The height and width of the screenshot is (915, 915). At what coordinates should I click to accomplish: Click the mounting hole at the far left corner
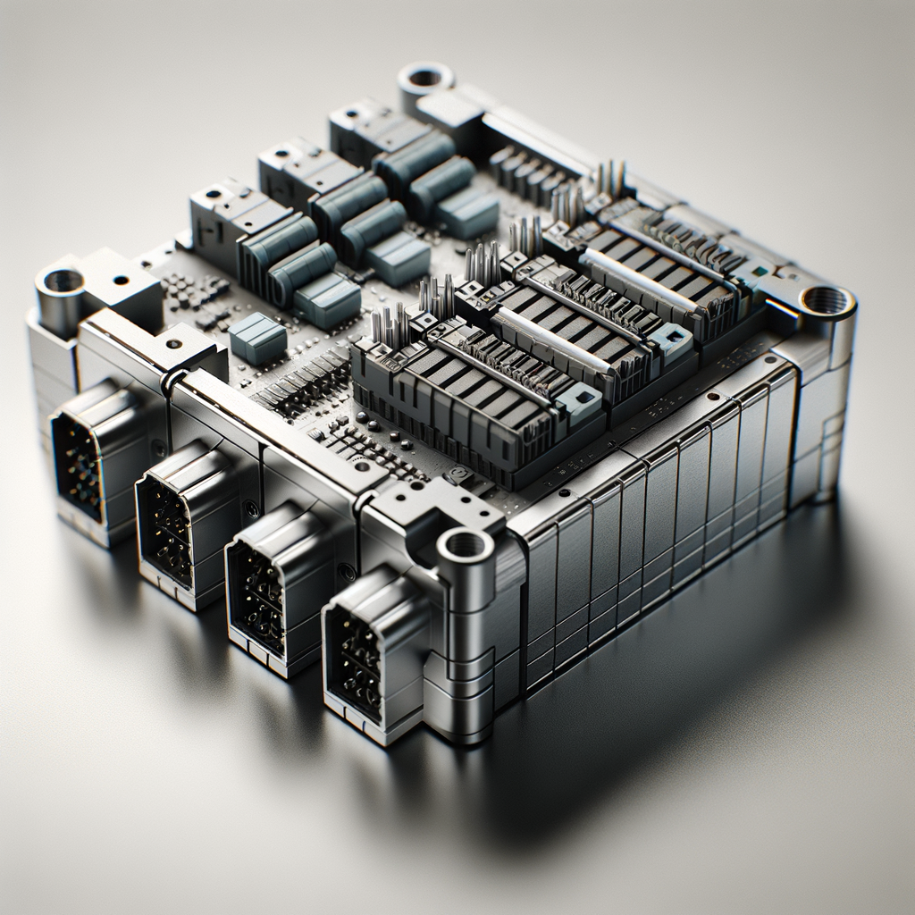point(63,281)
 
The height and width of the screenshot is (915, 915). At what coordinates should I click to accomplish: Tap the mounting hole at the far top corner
point(424,77)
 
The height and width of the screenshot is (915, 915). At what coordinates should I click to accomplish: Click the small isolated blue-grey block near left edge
point(257,339)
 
